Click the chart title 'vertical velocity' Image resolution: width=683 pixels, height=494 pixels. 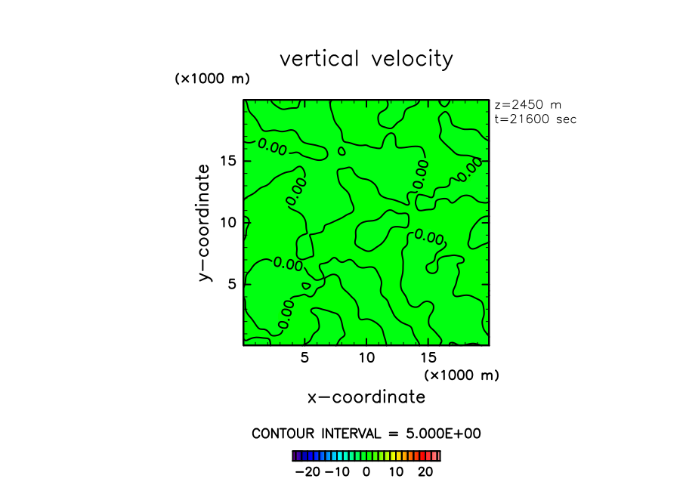366,59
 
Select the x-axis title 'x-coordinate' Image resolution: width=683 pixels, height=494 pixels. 366,397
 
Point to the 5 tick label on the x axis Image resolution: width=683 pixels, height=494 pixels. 304,358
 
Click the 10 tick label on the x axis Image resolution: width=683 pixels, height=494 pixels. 366,358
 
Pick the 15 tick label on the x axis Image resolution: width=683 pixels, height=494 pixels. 428,358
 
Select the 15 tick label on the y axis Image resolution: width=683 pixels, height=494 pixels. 229,161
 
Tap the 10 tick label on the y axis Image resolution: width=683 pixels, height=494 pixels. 229,222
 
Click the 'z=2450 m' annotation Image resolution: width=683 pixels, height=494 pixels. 527,105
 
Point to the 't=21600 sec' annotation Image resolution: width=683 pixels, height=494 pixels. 535,119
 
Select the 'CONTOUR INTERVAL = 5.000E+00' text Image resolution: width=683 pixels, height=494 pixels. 366,434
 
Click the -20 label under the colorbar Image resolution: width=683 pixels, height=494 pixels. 308,472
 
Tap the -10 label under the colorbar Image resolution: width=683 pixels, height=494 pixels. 337,472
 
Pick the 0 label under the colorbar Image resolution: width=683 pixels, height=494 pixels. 366,472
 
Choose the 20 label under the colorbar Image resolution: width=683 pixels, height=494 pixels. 425,472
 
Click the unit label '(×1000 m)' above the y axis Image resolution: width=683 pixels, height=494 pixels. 212,79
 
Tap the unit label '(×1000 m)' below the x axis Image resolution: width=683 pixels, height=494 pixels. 462,375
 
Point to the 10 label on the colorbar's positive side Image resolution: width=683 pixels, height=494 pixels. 396,472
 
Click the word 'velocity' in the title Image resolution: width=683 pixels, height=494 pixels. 413,59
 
